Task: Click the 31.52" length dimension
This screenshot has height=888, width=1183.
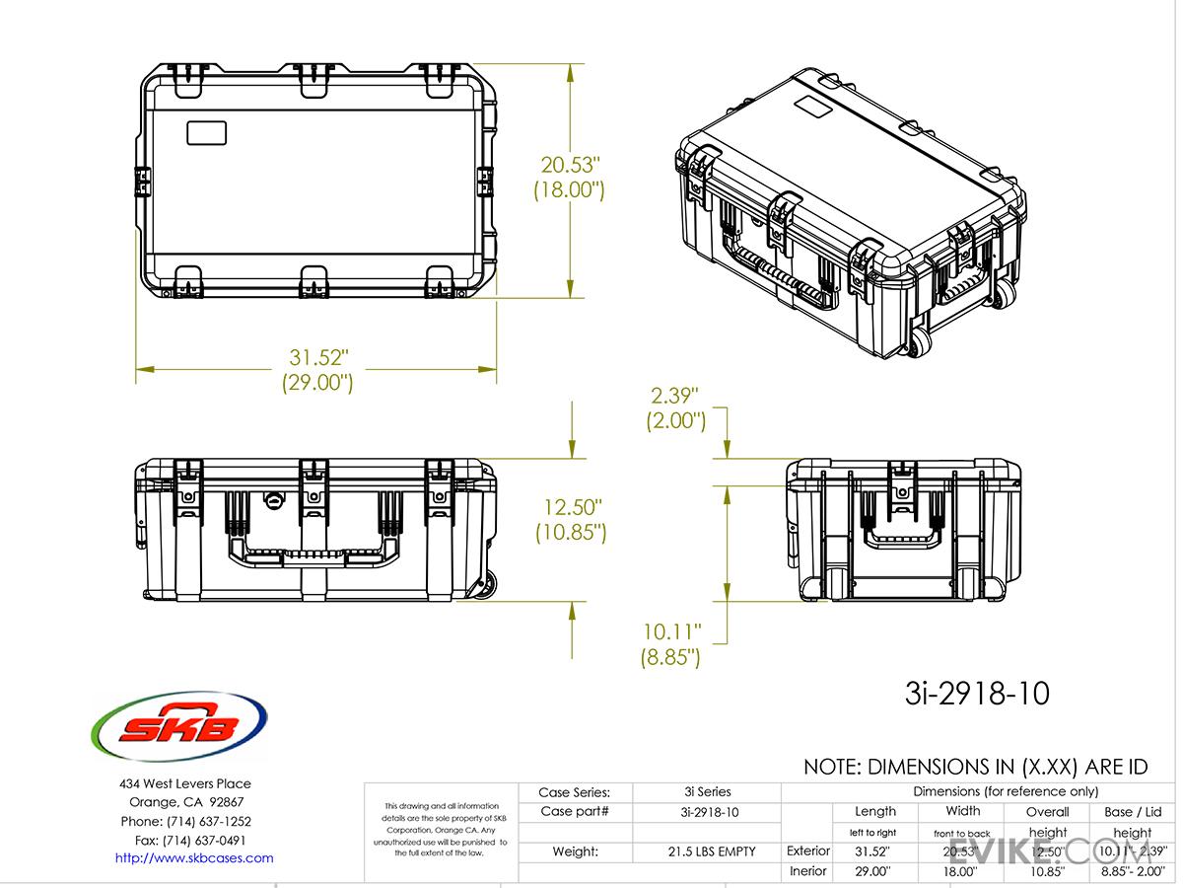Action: tap(316, 356)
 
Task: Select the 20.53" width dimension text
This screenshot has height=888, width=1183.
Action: tap(569, 165)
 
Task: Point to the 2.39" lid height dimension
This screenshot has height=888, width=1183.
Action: tap(675, 396)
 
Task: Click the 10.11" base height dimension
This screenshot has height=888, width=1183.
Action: tap(674, 630)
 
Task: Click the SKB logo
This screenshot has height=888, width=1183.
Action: tap(178, 729)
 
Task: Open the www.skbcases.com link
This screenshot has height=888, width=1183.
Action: tap(194, 857)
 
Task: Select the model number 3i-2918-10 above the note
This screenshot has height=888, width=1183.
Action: tap(976, 694)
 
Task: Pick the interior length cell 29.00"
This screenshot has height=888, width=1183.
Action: tap(874, 872)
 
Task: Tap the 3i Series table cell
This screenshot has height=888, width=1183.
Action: tap(707, 791)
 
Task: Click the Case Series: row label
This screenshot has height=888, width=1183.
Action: tap(574, 791)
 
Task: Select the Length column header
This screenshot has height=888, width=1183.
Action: tap(875, 811)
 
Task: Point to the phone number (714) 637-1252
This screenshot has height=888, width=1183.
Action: tap(185, 821)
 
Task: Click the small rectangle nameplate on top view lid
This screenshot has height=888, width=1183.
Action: tap(206, 133)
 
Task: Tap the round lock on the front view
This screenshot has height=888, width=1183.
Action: tap(273, 501)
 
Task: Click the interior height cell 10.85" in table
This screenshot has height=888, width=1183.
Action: tap(1047, 872)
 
